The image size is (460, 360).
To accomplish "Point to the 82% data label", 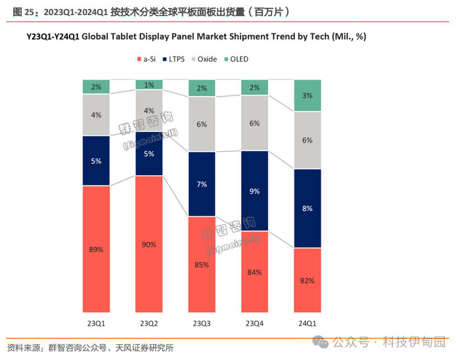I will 307,281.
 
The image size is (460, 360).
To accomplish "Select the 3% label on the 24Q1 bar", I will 307,96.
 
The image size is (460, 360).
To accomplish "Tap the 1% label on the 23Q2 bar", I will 149,85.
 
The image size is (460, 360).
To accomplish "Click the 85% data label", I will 201,265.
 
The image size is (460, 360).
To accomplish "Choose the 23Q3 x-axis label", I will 201,324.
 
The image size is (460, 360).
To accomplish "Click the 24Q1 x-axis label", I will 307,324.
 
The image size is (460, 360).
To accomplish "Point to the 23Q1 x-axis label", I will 96,324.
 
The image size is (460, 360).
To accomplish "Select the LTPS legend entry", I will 175,59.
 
